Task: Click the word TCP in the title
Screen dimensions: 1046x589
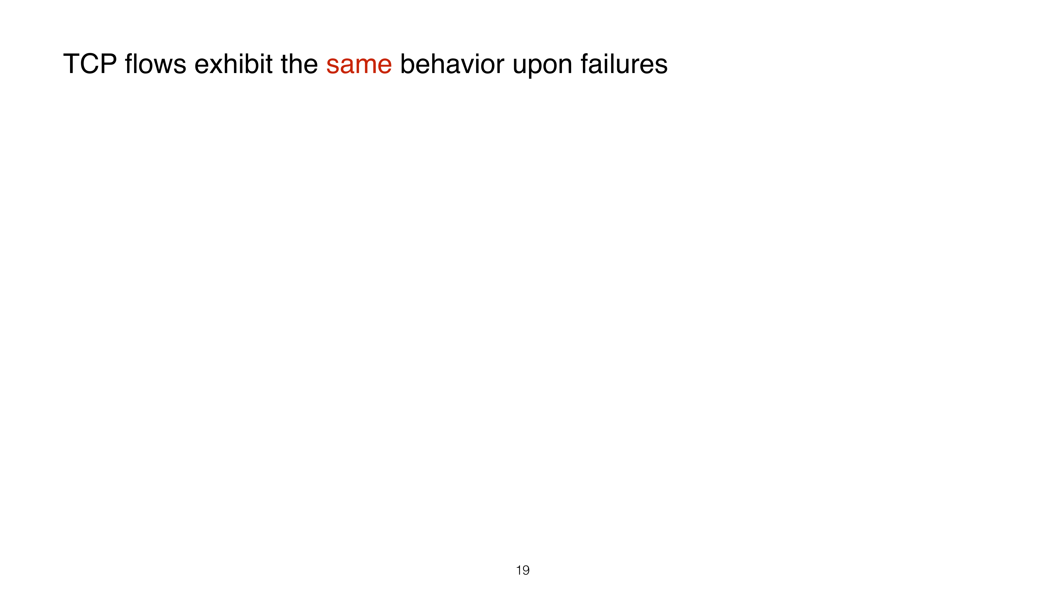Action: click(90, 64)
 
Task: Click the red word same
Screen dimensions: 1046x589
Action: click(359, 66)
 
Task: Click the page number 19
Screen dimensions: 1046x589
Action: click(522, 570)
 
